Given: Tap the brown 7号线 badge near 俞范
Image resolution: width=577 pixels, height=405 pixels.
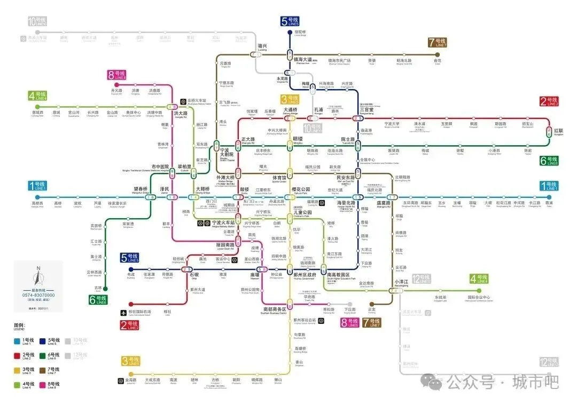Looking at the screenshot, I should point(438,43).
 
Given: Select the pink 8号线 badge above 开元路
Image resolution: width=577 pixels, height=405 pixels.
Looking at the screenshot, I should point(116,75).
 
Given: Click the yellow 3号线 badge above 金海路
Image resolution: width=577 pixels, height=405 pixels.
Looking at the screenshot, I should point(131,361).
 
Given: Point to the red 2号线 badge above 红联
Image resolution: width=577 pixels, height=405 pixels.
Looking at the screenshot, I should point(549,101).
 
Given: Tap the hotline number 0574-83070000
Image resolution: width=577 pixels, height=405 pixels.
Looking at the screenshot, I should point(38,295).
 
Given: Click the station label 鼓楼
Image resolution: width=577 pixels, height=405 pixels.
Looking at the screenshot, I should point(244,189).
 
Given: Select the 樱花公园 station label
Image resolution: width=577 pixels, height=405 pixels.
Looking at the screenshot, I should point(301,189).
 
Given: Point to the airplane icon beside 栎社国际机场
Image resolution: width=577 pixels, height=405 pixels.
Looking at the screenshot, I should point(124,311).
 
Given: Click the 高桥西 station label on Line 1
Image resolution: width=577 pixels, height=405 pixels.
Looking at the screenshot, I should point(37,203).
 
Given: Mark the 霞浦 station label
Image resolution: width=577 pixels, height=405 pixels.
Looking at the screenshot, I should point(549,203).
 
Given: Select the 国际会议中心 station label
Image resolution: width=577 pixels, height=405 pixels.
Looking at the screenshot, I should point(479,297).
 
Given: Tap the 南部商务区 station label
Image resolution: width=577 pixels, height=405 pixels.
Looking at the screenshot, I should point(275,308).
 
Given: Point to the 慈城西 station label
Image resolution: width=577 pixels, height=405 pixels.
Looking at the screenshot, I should point(37,113).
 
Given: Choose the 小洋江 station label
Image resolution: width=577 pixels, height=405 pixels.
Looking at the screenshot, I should point(401,281).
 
